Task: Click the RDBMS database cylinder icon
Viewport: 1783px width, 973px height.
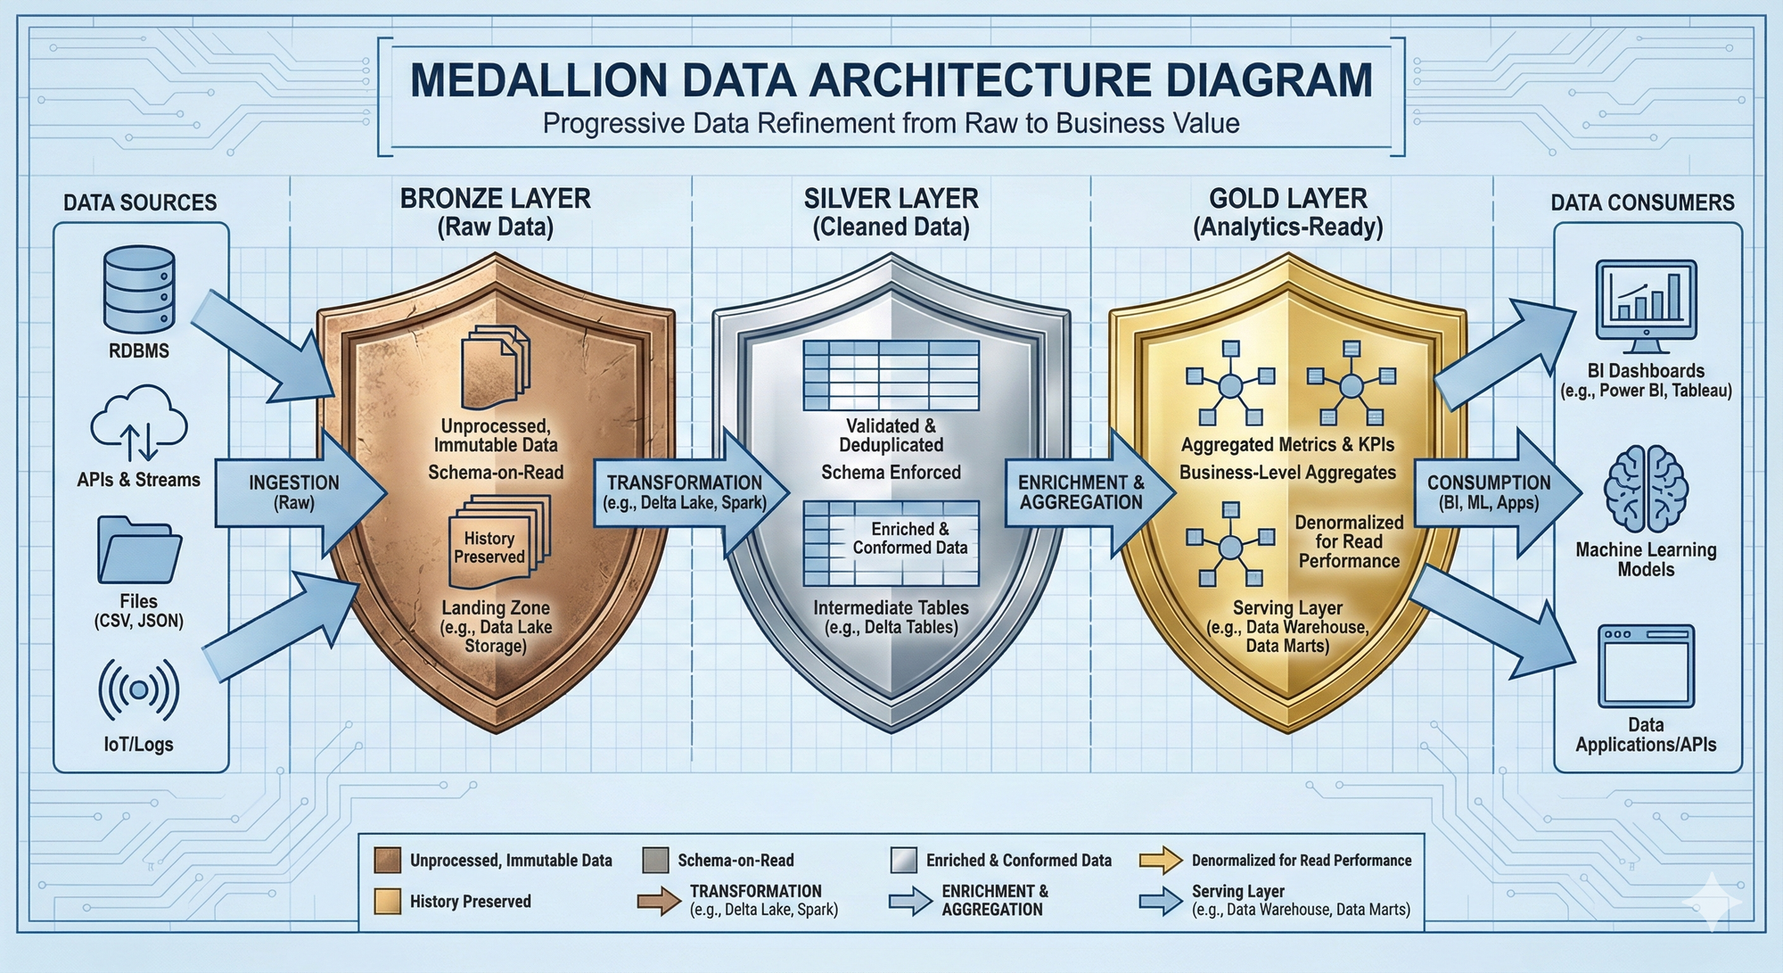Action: point(139,291)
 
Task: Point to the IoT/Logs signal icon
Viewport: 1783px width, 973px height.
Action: point(139,689)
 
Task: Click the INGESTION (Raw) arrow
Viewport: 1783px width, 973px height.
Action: point(299,492)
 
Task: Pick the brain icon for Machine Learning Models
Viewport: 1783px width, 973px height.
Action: point(1646,491)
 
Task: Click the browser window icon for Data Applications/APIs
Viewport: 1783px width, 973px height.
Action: point(1646,665)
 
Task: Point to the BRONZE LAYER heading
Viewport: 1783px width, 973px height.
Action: point(495,198)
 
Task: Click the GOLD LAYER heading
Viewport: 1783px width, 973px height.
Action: point(1287,198)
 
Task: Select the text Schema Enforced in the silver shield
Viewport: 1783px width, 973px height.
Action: point(891,473)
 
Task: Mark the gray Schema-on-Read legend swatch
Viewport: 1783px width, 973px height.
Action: point(655,860)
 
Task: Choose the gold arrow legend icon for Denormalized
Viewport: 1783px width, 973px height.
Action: point(1160,860)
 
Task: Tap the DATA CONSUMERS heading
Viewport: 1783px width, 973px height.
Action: point(1642,202)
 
